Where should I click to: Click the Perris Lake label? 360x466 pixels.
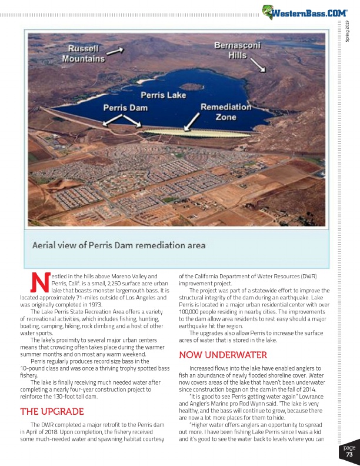point(163,95)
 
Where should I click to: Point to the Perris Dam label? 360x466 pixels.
point(125,108)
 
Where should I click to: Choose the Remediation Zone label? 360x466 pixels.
point(226,112)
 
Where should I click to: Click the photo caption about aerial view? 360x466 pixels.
point(118,244)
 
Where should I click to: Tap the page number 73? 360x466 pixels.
point(349,454)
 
